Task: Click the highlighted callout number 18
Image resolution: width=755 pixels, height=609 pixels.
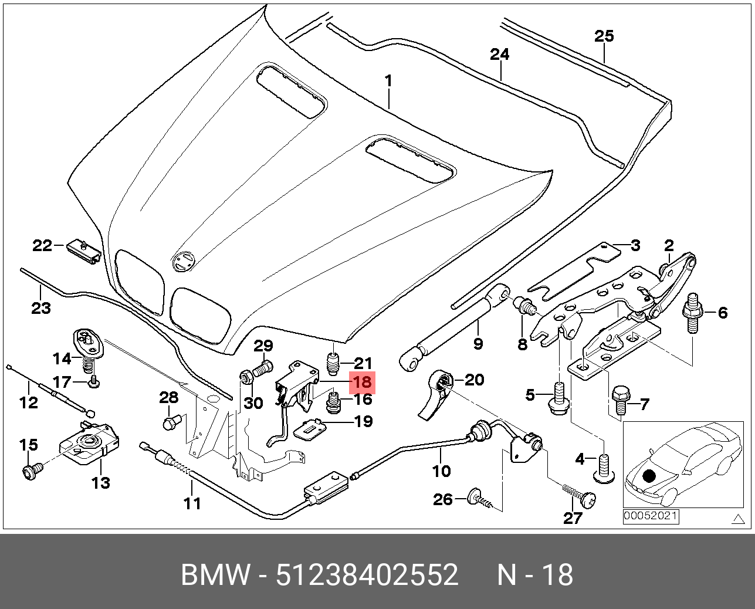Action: (362, 383)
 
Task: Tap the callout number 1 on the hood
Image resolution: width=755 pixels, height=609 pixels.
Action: (388, 81)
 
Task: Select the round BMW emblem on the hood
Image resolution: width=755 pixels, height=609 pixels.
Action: (184, 261)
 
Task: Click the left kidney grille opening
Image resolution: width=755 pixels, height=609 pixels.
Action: (140, 283)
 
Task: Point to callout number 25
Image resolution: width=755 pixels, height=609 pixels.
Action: (604, 36)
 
